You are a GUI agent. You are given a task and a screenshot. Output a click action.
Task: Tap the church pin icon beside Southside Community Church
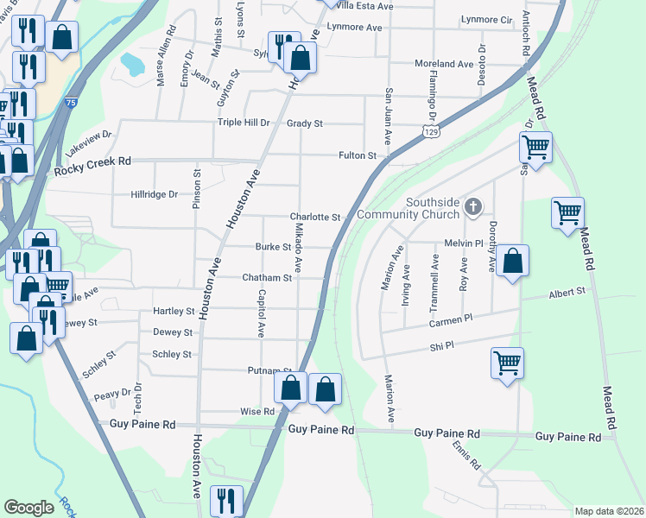(x=472, y=206)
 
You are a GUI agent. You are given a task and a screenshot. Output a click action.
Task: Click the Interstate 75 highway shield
(x=71, y=103)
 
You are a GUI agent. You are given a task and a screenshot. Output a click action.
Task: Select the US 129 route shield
(x=431, y=129)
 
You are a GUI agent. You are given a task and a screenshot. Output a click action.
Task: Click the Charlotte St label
(x=315, y=218)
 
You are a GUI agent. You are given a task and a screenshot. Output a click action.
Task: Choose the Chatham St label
(x=268, y=278)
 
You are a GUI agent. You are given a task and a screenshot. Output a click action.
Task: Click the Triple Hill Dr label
(x=244, y=123)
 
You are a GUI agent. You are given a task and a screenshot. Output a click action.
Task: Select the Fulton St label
(x=358, y=156)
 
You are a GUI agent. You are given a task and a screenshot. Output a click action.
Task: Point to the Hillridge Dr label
(x=154, y=195)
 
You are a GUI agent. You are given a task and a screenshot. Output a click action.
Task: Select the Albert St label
(x=567, y=294)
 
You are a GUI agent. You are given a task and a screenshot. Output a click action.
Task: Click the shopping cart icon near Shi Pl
(x=507, y=363)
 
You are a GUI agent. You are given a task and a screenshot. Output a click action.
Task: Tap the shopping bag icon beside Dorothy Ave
(x=512, y=262)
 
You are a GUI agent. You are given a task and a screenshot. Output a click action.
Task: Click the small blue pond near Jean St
(x=133, y=63)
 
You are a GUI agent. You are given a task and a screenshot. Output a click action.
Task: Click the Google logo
(x=28, y=508)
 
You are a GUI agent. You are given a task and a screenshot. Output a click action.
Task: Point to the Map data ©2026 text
(x=608, y=511)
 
